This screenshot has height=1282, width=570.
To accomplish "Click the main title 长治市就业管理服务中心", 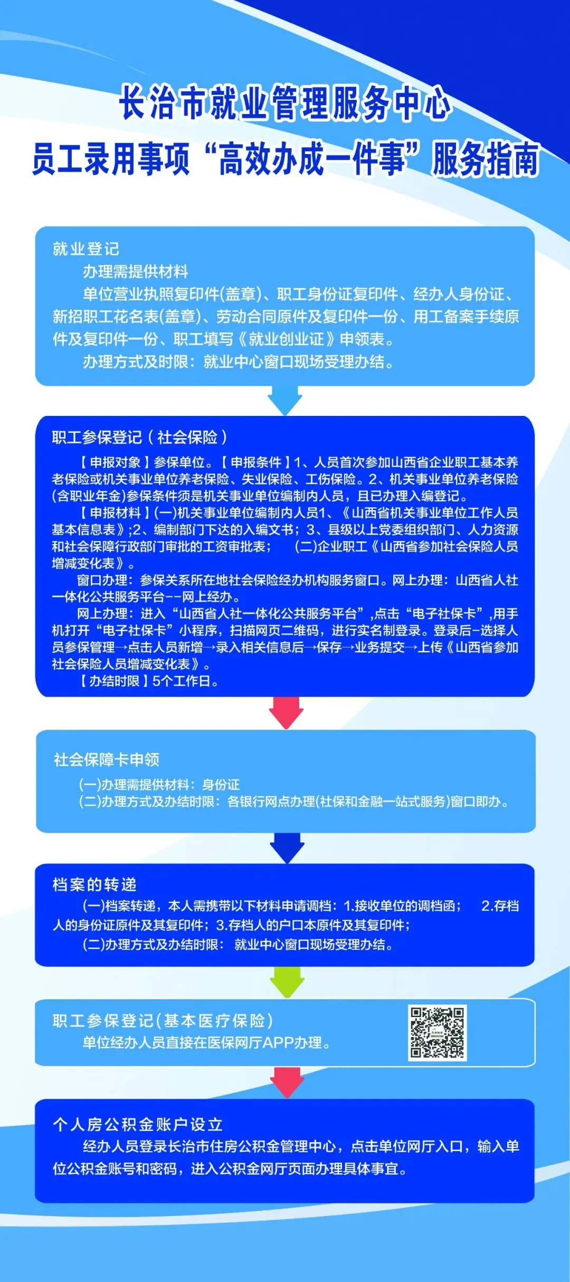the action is (x=285, y=102).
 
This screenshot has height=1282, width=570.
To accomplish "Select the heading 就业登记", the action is (x=86, y=249).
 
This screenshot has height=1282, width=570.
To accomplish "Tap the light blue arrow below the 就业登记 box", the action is (x=285, y=400).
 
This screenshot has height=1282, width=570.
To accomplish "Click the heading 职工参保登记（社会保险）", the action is (x=140, y=437).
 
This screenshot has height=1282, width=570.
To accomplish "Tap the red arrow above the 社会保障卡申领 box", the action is (x=286, y=713).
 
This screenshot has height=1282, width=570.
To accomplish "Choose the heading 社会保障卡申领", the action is (x=107, y=759).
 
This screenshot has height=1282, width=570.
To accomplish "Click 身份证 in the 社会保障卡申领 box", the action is (x=221, y=784).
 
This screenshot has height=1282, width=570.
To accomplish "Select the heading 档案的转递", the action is (x=94, y=885).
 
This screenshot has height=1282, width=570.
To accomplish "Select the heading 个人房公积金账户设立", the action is (x=138, y=1124).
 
